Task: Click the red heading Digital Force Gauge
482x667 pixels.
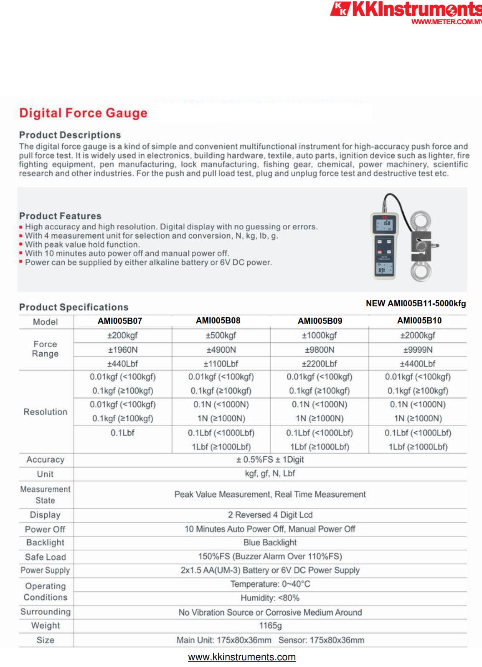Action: [x=83, y=113]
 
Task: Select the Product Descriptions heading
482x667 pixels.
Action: [x=70, y=135]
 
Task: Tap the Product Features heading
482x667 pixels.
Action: [x=60, y=216]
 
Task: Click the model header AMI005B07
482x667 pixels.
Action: [x=120, y=321]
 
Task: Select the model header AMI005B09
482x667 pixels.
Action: [x=320, y=321]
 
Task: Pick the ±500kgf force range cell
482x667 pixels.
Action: [x=221, y=335]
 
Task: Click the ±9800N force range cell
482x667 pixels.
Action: [x=320, y=350]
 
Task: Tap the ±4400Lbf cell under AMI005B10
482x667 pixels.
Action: [x=418, y=364]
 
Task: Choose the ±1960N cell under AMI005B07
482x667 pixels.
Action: [x=123, y=350]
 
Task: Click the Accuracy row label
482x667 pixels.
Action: [x=46, y=460]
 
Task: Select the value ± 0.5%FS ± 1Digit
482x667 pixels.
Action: [x=270, y=460]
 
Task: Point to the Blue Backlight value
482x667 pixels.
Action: [x=270, y=542]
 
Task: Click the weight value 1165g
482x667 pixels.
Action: [x=270, y=626]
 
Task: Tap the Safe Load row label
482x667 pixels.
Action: [x=46, y=557]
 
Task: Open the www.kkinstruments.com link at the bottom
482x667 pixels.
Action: [x=242, y=657]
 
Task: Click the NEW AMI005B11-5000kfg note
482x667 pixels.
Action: [x=416, y=303]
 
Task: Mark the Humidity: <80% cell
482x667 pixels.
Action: [x=270, y=598]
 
